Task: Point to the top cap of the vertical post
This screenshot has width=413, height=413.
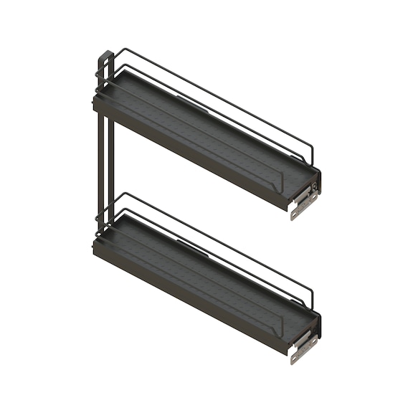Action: coord(105,54)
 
